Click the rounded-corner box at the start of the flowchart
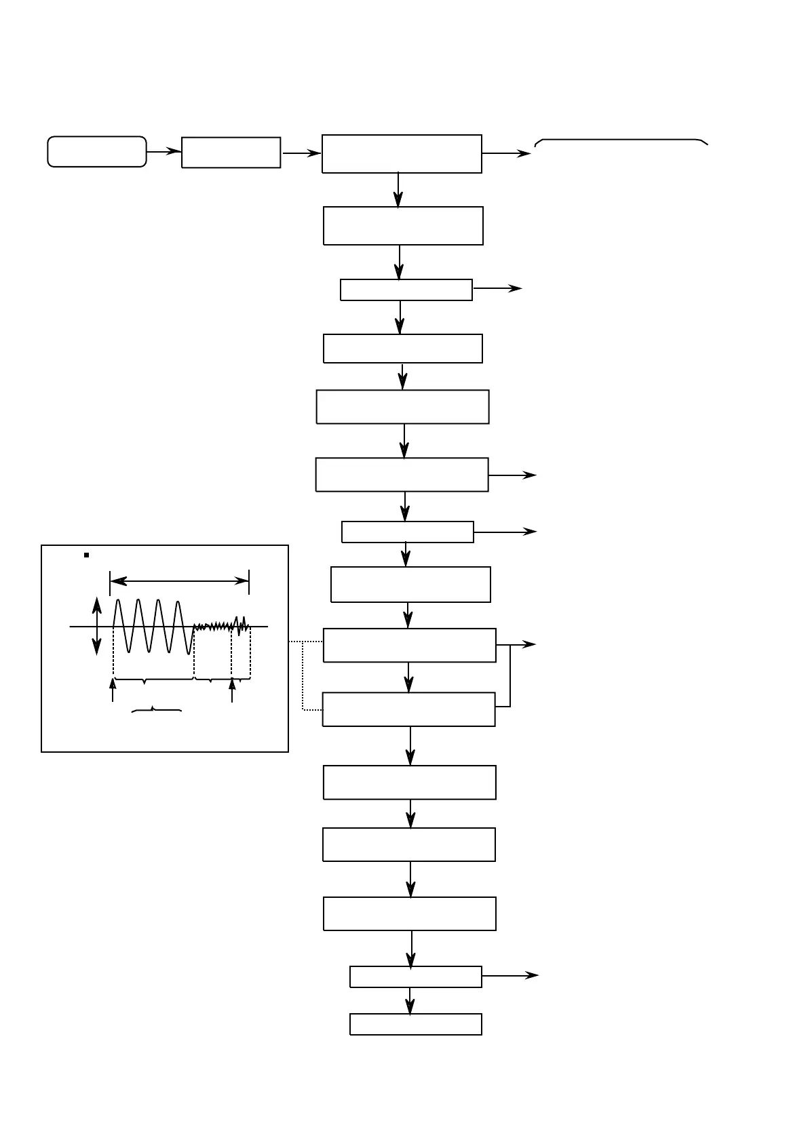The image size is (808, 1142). pyautogui.click(x=97, y=151)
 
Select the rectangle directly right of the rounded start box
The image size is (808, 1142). pyautogui.click(x=231, y=153)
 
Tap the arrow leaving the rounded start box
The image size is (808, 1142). pyautogui.click(x=163, y=152)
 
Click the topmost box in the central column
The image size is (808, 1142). pyautogui.click(x=402, y=154)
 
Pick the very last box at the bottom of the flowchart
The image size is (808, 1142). pyautogui.click(x=415, y=1024)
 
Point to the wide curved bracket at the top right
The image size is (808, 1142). pyautogui.click(x=621, y=141)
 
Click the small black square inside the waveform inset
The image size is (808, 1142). pyautogui.click(x=87, y=555)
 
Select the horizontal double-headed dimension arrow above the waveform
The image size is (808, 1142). pyautogui.click(x=179, y=580)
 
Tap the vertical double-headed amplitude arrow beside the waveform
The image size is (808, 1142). pyautogui.click(x=97, y=626)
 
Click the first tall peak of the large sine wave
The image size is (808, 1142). pyautogui.click(x=118, y=601)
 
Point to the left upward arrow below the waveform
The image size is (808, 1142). pyautogui.click(x=113, y=690)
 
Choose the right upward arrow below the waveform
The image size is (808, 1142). pyautogui.click(x=232, y=690)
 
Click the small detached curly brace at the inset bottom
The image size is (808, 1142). pyautogui.click(x=156, y=710)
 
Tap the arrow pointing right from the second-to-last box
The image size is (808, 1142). pyautogui.click(x=509, y=975)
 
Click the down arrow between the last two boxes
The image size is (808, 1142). pyautogui.click(x=410, y=1000)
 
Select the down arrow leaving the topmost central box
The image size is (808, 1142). pyautogui.click(x=398, y=189)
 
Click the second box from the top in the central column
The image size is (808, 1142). pyautogui.click(x=403, y=226)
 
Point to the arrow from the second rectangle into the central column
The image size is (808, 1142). pyautogui.click(x=301, y=153)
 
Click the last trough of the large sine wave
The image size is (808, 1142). pyautogui.click(x=189, y=652)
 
